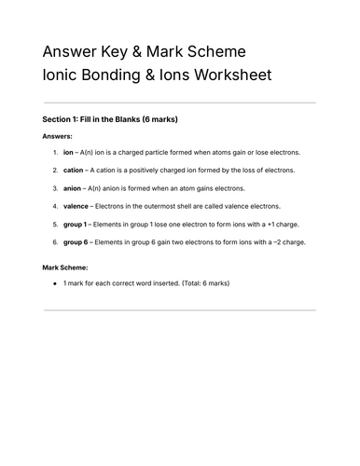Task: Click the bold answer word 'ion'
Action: [x=68, y=152]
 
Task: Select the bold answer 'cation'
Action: [x=73, y=170]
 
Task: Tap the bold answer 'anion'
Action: [x=72, y=188]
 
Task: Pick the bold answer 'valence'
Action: [x=76, y=206]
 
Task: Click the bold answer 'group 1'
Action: [x=76, y=225]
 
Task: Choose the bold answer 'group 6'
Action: [x=76, y=242]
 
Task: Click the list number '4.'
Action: [x=56, y=206]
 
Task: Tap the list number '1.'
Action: [x=56, y=152]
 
